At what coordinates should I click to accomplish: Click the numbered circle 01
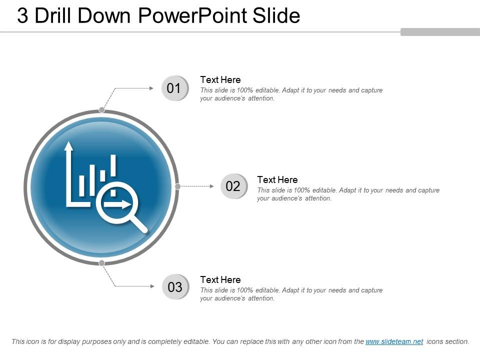pyautogui.click(x=174, y=88)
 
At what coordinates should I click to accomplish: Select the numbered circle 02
pyautogui.click(x=233, y=186)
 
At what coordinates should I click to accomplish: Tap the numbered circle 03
pyautogui.click(x=175, y=287)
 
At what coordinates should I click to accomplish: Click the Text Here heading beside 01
pyautogui.click(x=220, y=79)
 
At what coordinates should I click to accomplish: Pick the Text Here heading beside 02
pyautogui.click(x=277, y=179)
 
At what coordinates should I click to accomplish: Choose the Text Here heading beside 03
pyautogui.click(x=220, y=279)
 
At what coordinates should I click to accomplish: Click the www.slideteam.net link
pyautogui.click(x=394, y=342)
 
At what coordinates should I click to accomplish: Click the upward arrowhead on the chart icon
pyautogui.click(x=68, y=145)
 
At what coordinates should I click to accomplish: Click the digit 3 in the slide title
pyautogui.click(x=22, y=16)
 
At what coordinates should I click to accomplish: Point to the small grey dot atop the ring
pyautogui.click(x=101, y=109)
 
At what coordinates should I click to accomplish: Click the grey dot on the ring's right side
pyautogui.click(x=177, y=186)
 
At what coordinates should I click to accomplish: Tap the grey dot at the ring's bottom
pyautogui.click(x=101, y=263)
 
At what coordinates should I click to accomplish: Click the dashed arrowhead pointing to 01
pyautogui.click(x=151, y=88)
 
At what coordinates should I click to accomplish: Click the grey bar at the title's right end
pyautogui.click(x=440, y=32)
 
